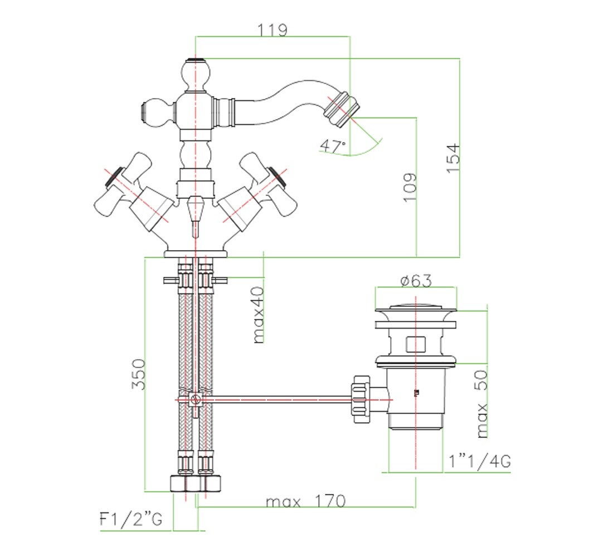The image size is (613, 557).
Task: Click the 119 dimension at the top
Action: pos(273,30)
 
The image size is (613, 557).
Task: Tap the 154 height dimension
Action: pos(454,159)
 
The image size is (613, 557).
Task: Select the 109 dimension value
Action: pos(410,188)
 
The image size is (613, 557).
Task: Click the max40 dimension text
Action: pos(259,315)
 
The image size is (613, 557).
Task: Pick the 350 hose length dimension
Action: pos(138,374)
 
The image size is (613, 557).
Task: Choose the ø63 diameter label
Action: pos(416,281)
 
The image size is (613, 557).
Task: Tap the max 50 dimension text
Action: pos(483,404)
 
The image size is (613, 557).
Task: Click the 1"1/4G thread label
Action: pos(480,461)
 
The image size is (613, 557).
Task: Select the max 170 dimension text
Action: pos(306,501)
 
